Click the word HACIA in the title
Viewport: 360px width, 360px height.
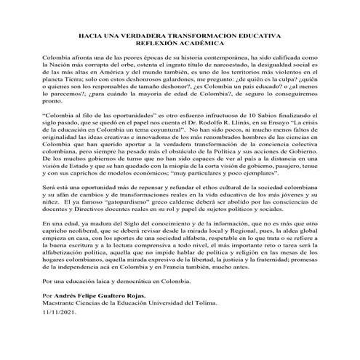pos(89,36)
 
